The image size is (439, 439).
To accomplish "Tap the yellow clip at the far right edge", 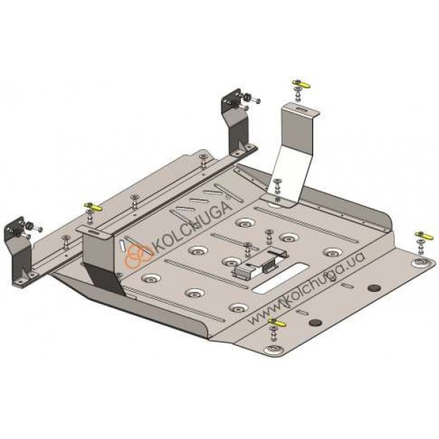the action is pos(424,235).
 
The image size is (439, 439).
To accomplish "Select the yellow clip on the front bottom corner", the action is pos(277,323).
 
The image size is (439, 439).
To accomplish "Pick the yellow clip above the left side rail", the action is pos(93,207).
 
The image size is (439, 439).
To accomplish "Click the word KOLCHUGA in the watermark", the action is pos(192,226).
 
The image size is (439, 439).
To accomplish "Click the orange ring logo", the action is pos(138,255).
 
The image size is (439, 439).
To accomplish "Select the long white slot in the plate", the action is pos(279,278).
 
